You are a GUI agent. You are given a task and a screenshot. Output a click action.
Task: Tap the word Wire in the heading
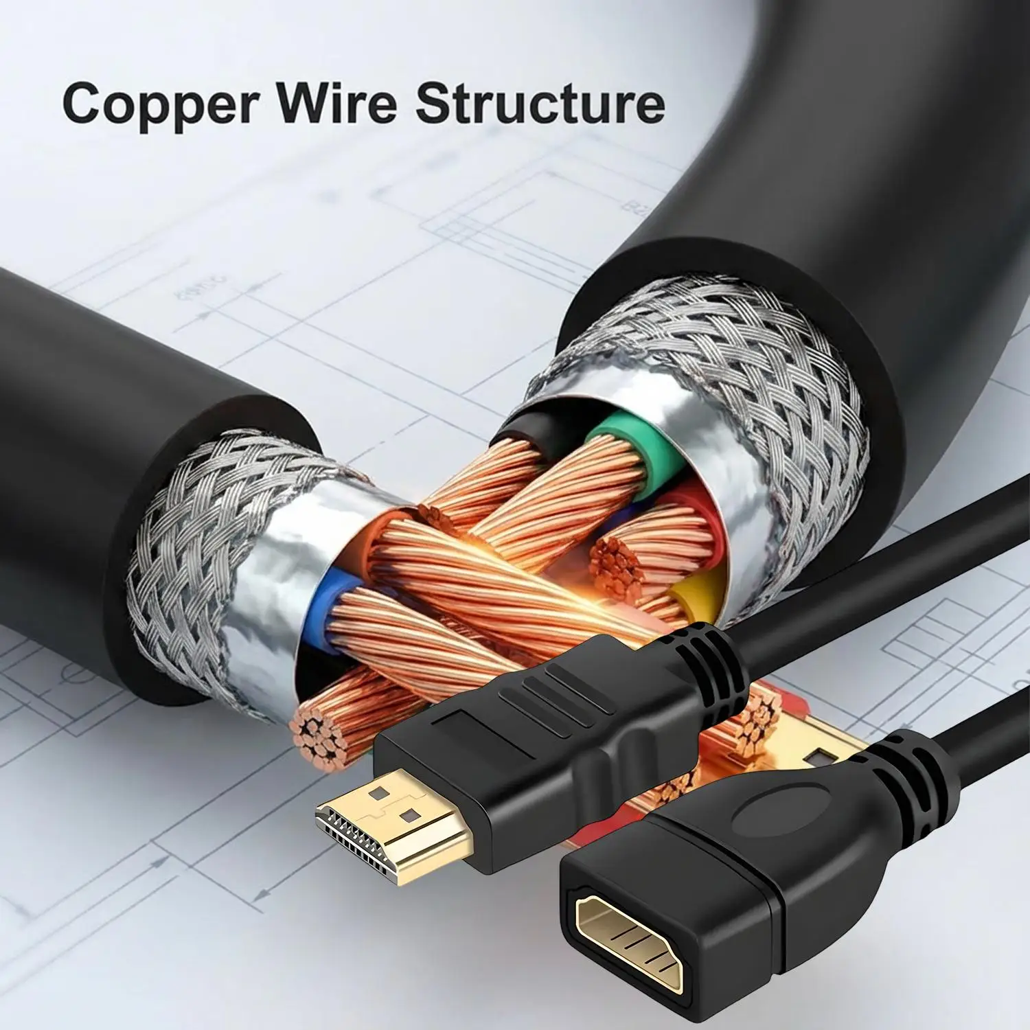(338, 101)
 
